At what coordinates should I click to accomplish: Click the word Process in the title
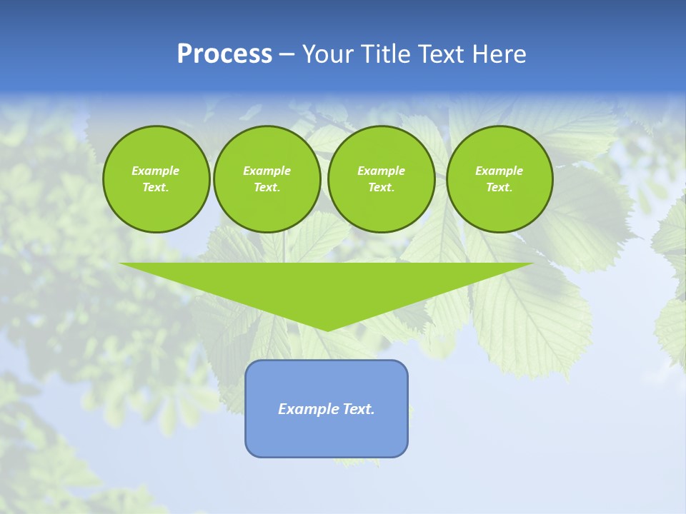pos(224,54)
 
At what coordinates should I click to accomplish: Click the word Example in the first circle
pos(156,171)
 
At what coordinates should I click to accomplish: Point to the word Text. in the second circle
pos(267,187)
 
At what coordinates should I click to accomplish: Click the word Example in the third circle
pos(381,171)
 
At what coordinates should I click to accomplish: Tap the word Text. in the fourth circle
pos(499,187)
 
